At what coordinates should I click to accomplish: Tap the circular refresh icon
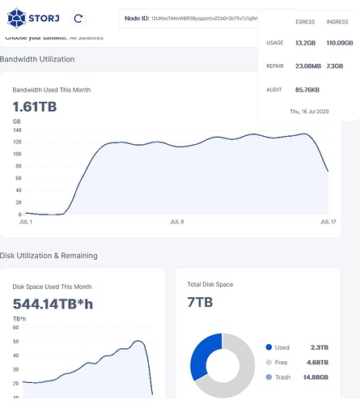click(x=78, y=17)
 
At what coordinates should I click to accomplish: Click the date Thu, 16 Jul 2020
click(x=309, y=111)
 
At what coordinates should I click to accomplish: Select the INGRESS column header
click(x=337, y=22)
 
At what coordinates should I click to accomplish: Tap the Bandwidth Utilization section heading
click(x=37, y=59)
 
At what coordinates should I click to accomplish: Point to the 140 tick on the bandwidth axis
click(x=17, y=130)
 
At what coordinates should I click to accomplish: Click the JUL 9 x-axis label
click(x=176, y=221)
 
